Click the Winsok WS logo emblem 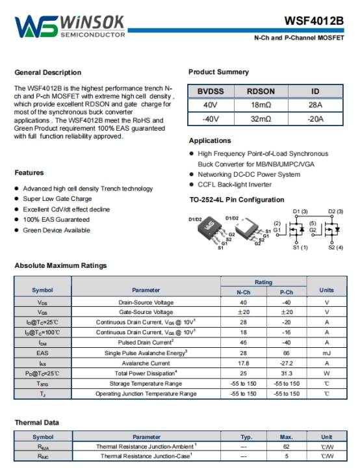pyautogui.click(x=36, y=27)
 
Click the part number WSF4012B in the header pyautogui.click(x=314, y=21)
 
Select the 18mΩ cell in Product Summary pyautogui.click(x=261, y=105)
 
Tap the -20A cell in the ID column pyautogui.click(x=315, y=119)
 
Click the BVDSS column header pyautogui.click(x=211, y=91)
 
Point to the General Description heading pyautogui.click(x=48, y=73)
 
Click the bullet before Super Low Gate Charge pyautogui.click(x=17, y=199)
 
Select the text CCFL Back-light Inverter pyautogui.click(x=235, y=185)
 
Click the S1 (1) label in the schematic pyautogui.click(x=300, y=248)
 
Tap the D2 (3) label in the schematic pyautogui.click(x=336, y=211)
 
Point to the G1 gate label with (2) pyautogui.click(x=277, y=227)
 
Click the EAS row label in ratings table pyautogui.click(x=42, y=353)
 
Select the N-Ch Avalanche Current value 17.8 pyautogui.click(x=244, y=363)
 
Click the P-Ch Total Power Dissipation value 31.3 pyautogui.click(x=287, y=374)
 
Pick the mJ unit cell pyautogui.click(x=327, y=353)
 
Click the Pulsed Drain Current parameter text pyautogui.click(x=146, y=343)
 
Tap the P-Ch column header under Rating pyautogui.click(x=287, y=293)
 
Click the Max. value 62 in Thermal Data pyautogui.click(x=287, y=447)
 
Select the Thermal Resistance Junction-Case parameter pyautogui.click(x=146, y=456)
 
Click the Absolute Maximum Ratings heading pyautogui.click(x=60, y=266)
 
